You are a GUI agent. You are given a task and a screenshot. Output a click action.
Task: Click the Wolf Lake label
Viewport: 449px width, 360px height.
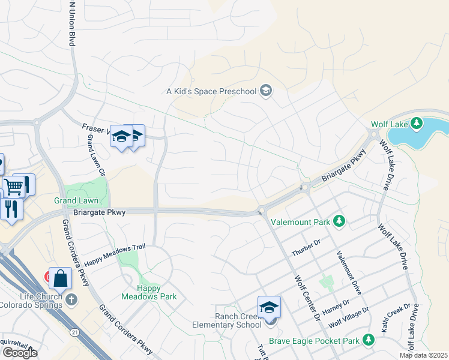point(389,124)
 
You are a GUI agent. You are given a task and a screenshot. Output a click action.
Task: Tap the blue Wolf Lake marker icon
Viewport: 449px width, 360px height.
point(414,124)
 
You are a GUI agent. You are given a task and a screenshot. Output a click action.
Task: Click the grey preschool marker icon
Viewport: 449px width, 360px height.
point(266,91)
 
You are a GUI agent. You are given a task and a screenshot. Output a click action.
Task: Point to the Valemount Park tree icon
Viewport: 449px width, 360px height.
point(339,222)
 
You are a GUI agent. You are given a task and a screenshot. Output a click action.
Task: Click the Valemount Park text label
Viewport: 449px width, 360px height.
point(301,222)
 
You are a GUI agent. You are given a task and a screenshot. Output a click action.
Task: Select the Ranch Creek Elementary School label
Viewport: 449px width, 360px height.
point(238,320)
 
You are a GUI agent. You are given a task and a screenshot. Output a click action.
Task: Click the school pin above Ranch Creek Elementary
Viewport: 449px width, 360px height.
point(269,307)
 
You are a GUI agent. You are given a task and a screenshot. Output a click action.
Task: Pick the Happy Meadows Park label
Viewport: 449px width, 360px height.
point(141,292)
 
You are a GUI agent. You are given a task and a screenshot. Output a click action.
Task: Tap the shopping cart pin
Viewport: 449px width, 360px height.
point(13,185)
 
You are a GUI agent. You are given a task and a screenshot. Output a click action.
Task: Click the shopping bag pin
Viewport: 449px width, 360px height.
point(60,278)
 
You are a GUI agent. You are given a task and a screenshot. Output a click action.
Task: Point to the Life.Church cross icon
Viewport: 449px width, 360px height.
point(71,299)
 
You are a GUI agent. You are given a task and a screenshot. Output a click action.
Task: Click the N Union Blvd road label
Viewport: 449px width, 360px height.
point(72,24)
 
